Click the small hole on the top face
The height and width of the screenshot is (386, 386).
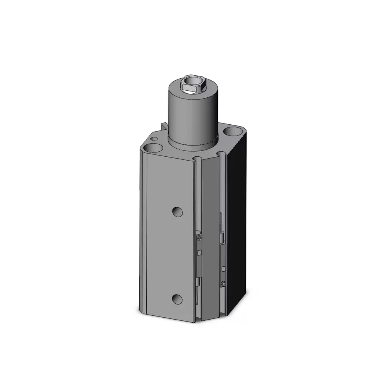pos(154,138)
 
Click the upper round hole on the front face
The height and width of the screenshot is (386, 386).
pos(177,211)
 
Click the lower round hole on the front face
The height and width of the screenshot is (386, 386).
pos(177,298)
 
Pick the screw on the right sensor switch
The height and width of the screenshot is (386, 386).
pos(223,283)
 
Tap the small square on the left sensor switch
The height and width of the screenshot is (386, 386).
pos(199,252)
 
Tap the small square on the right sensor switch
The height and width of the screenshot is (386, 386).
pos(223,268)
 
